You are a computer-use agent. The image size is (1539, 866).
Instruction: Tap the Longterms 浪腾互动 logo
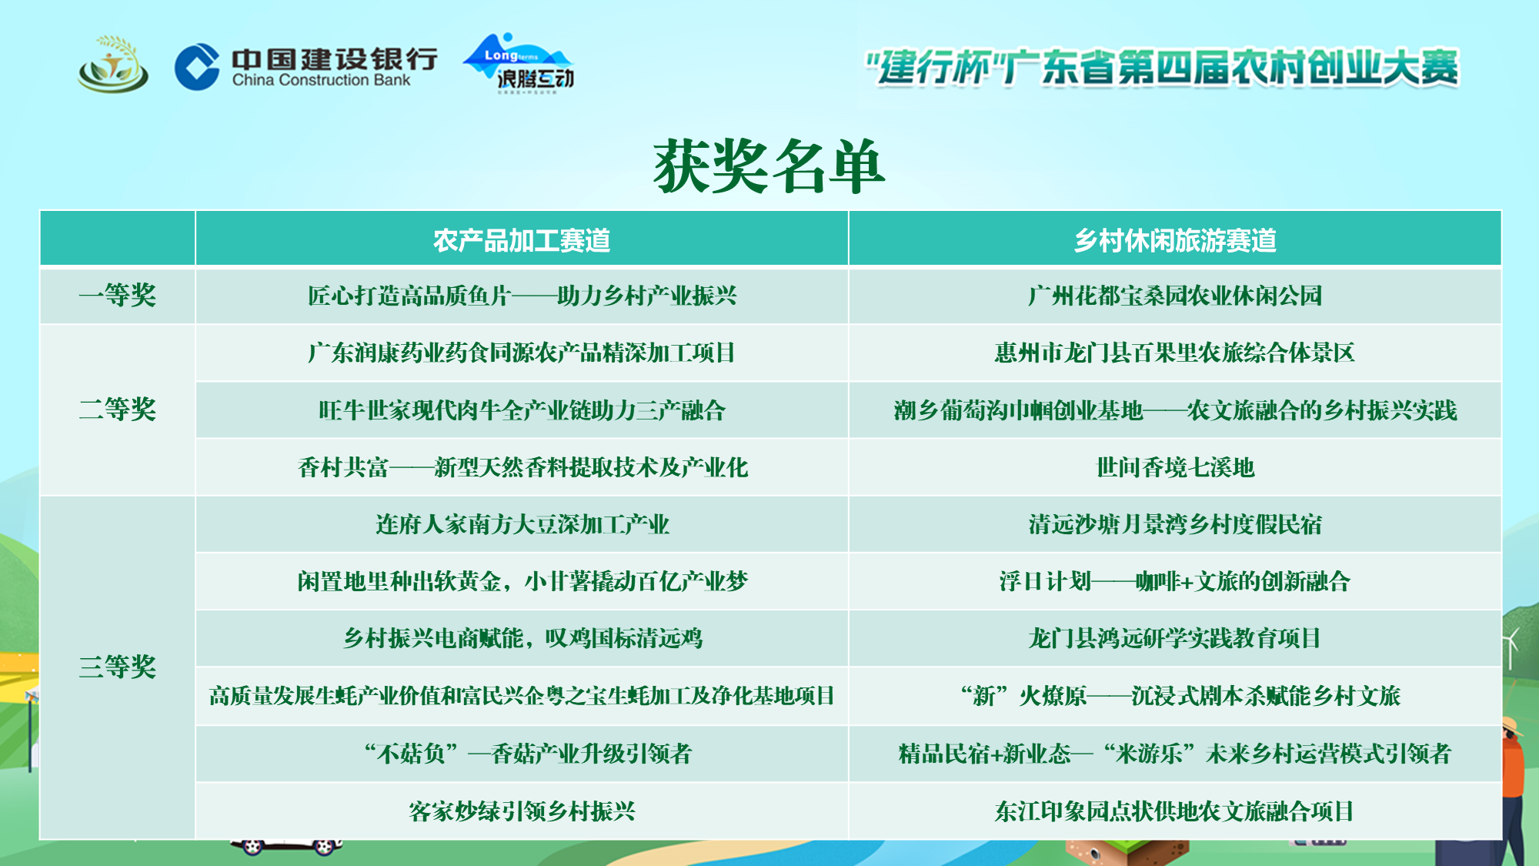(519, 65)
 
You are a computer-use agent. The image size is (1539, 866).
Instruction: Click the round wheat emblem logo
(112, 65)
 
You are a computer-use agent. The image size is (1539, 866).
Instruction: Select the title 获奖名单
(769, 167)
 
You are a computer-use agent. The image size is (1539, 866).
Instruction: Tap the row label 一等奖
(118, 296)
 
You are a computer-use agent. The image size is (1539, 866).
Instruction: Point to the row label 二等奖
(118, 410)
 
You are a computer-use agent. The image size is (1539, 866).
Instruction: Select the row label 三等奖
(118, 667)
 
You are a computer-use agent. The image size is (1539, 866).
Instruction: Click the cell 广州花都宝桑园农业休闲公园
(1175, 296)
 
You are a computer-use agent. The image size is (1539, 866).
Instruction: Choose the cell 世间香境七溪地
(1175, 467)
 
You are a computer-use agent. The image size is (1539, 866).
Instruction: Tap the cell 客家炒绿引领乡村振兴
(522, 811)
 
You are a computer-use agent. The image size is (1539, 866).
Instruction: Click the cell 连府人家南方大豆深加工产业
(522, 525)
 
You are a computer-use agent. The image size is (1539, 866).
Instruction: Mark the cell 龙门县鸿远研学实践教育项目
(1175, 639)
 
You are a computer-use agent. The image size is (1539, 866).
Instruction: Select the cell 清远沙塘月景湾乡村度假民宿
(1175, 525)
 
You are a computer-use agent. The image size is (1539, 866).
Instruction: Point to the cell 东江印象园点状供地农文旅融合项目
(1175, 811)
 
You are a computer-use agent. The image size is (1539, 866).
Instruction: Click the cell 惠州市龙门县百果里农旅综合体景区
(1175, 353)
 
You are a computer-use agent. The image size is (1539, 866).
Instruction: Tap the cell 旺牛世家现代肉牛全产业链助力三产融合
(522, 410)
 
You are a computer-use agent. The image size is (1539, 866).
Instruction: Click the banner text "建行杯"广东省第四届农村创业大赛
(1162, 68)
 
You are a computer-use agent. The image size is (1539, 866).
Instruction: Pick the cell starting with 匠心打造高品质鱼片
(522, 296)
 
